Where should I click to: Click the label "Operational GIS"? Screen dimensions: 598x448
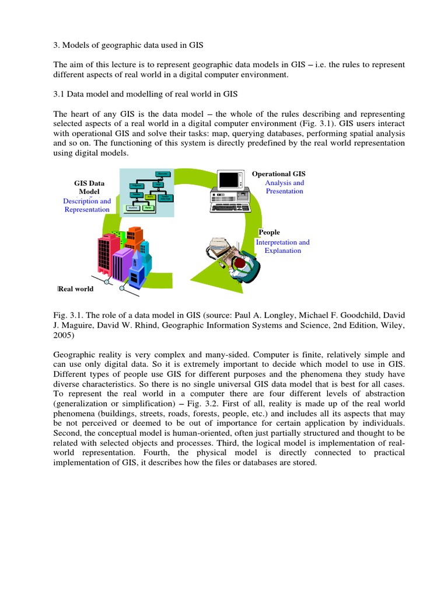278,174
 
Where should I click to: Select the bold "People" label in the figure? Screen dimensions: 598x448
270,232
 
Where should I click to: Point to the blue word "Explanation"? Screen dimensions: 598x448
283,251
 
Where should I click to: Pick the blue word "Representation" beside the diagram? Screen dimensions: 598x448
87,210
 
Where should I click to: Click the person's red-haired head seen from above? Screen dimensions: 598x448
240,263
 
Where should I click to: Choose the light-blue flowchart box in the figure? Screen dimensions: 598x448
147,192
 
